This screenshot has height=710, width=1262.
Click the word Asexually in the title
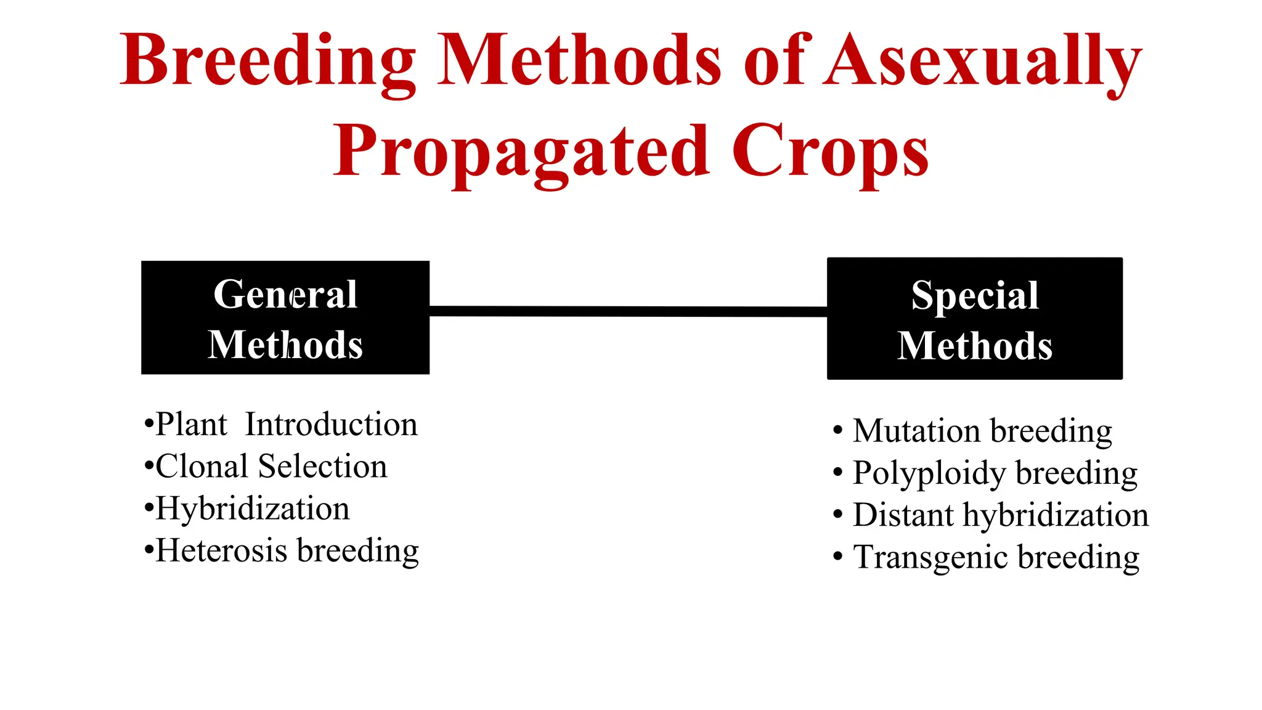[983, 62]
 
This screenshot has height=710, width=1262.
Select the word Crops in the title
[829, 152]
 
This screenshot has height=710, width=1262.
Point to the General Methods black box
[285, 317]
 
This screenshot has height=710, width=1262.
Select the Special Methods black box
[974, 319]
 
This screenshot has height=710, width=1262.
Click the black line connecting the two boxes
[627, 311]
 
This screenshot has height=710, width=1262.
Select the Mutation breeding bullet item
[982, 431]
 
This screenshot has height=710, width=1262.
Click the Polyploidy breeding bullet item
[995, 473]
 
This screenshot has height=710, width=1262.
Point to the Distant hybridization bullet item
[1000, 515]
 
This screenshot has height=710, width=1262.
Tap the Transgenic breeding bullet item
[996, 557]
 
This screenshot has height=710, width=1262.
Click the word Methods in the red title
[579, 62]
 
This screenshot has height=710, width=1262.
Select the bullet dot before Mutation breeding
[837, 431]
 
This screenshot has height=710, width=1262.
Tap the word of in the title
[773, 62]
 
